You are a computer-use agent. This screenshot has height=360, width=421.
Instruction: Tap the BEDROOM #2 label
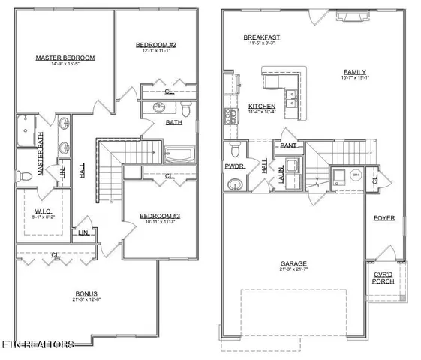[155, 45]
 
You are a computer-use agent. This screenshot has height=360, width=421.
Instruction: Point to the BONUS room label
[87, 293]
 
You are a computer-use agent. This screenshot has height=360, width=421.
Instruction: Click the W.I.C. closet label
[44, 211]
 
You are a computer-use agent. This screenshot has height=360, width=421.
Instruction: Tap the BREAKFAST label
[262, 37]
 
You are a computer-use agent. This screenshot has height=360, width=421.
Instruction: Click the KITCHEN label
[262, 106]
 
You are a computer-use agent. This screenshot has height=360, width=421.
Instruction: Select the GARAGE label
[293, 263]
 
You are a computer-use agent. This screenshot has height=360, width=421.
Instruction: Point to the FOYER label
[385, 219]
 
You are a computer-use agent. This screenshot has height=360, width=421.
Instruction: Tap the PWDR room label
[233, 166]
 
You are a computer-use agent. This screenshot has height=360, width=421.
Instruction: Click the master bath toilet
[25, 176]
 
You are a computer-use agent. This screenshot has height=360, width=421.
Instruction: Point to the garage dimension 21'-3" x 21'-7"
[293, 270]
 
